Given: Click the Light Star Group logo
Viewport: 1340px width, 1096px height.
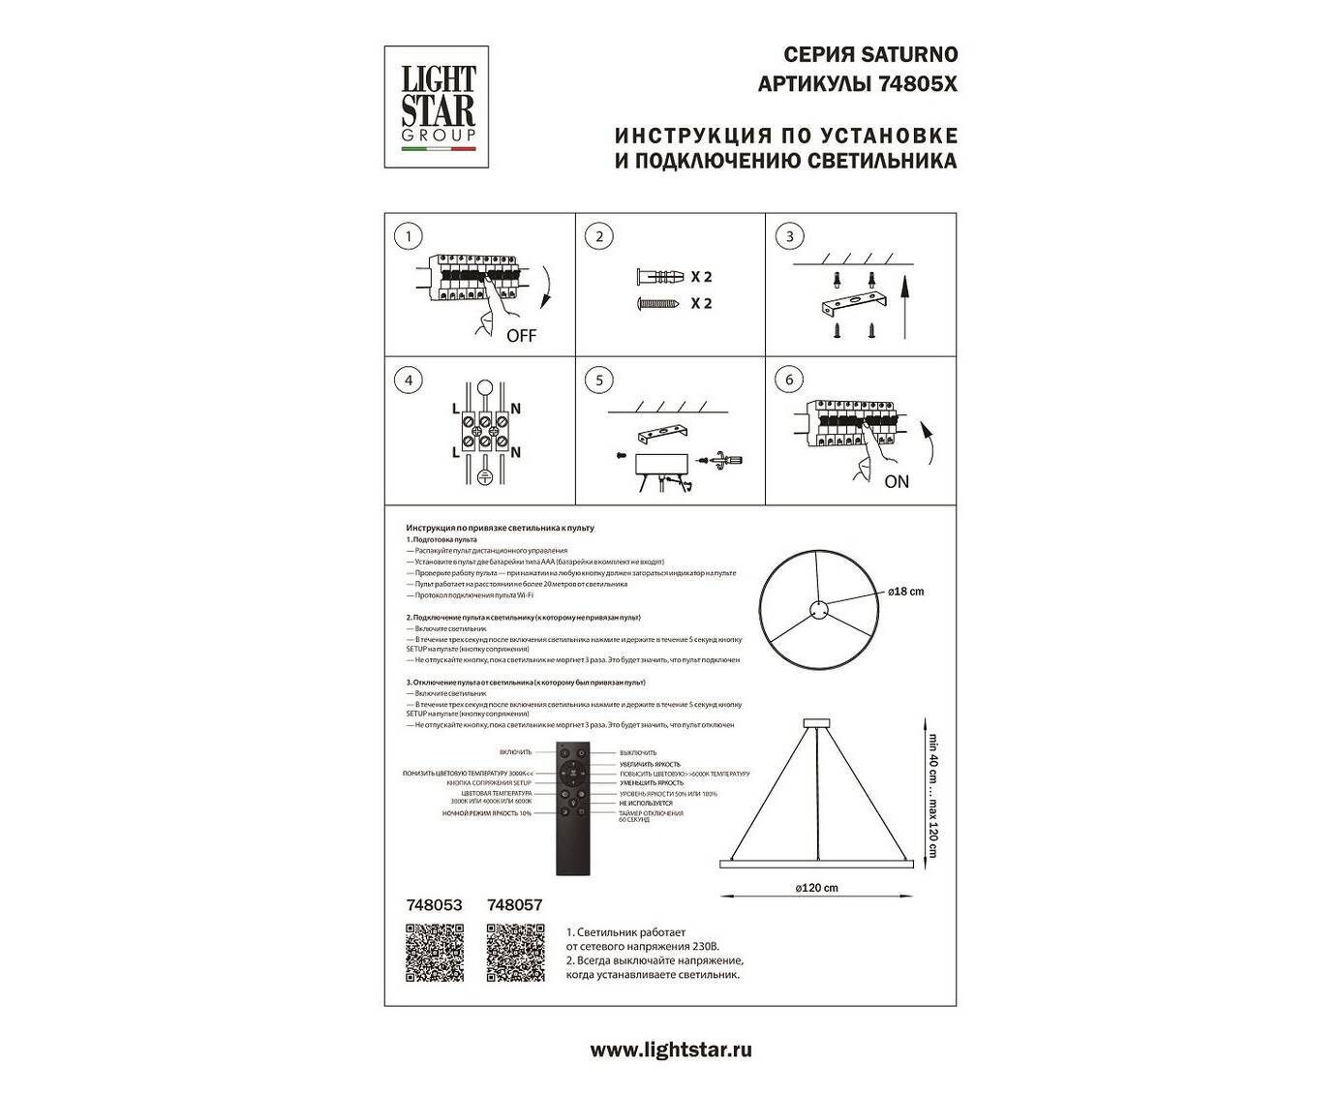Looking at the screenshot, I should click(x=439, y=107).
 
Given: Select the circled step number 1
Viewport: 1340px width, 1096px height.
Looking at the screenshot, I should click(x=409, y=236).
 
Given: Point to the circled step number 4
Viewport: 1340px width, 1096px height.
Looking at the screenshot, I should click(x=409, y=381).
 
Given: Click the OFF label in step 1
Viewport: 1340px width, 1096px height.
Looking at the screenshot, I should click(x=520, y=337).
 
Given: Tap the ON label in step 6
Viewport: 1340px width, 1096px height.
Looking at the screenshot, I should click(x=897, y=481).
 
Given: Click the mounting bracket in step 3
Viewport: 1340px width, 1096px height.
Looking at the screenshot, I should click(x=852, y=307).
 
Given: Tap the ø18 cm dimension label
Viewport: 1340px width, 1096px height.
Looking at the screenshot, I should click(x=905, y=591).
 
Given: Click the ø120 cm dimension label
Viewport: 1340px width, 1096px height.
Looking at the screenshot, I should click(x=816, y=888).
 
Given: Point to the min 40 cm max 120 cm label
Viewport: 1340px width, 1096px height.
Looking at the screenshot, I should click(x=932, y=788).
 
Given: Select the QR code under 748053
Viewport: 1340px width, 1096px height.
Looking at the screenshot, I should click(x=435, y=953).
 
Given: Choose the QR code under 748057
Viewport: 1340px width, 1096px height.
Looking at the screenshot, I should click(x=515, y=953).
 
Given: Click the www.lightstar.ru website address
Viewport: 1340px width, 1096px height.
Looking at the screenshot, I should click(x=670, y=1049).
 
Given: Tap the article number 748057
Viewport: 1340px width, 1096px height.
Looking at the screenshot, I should click(x=515, y=905).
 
